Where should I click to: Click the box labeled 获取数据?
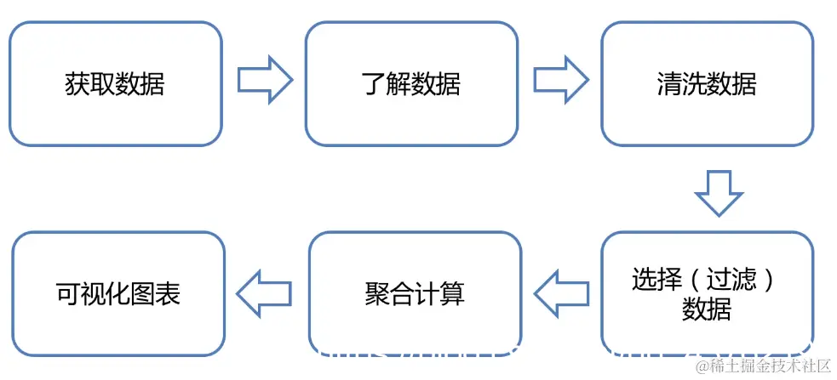115,83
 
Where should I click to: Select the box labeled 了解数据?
411,83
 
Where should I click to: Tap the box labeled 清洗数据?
707,83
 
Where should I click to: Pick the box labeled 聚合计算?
415,294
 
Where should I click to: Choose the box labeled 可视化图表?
118,294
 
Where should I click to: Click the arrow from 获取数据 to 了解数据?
264,80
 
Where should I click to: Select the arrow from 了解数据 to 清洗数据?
560,80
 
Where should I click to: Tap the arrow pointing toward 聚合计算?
560,293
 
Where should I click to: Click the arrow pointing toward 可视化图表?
264,293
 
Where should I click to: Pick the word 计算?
439,294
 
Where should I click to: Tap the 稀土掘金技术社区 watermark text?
763,366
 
